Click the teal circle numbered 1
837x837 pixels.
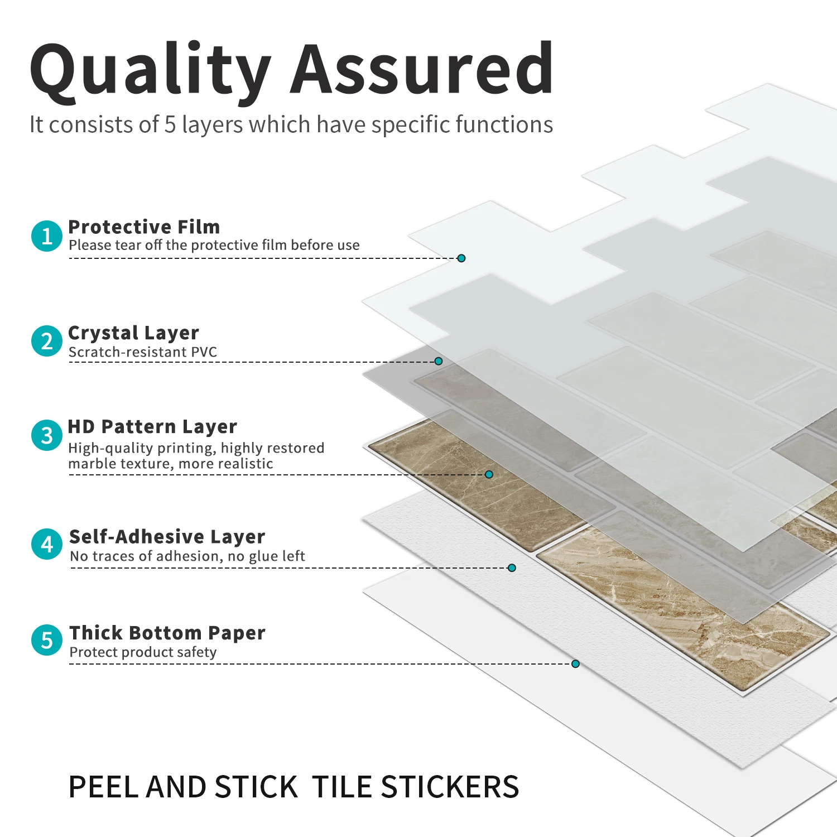tap(47, 236)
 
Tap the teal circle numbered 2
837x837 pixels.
tap(47, 341)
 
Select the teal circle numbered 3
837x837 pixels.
tap(47, 435)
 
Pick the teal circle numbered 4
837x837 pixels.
tap(47, 544)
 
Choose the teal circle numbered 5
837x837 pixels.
tap(47, 640)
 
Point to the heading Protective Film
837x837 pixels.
tap(144, 227)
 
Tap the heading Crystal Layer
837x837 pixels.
tap(133, 333)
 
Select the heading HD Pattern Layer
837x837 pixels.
tap(152, 427)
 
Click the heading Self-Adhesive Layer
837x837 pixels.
tap(167, 536)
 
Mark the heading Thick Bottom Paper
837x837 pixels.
tap(167, 633)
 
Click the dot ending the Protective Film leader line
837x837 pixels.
tap(461, 258)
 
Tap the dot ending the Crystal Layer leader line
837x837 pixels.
tap(439, 362)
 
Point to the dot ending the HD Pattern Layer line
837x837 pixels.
tap(489, 474)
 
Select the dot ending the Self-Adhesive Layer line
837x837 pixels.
tap(512, 568)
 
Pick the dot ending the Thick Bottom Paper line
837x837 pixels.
tap(575, 664)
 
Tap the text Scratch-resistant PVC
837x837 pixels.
tap(143, 352)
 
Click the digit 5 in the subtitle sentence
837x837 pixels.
tap(170, 124)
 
